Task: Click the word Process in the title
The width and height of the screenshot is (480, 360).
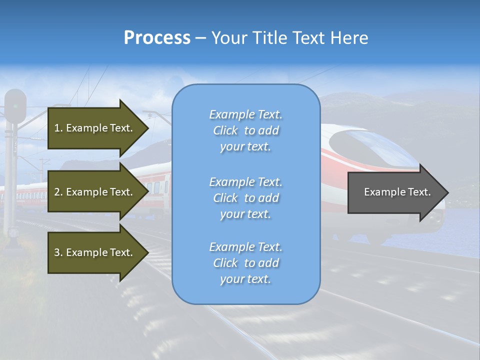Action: coord(157,38)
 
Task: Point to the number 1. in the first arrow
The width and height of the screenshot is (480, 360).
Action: coord(58,128)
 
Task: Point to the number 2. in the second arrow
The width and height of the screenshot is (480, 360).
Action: coord(58,192)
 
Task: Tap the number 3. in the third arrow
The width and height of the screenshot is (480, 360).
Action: coord(58,252)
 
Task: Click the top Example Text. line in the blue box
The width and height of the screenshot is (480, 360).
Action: coord(245,114)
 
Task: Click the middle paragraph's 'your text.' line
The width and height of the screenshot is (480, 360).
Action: coord(245,214)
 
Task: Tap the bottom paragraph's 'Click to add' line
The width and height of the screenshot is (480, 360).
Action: coord(245,263)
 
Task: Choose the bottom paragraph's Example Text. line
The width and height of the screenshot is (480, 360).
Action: coord(245,247)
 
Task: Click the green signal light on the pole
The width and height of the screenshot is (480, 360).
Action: coord(15,106)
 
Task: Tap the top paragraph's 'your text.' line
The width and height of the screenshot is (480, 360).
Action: coord(245,147)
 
